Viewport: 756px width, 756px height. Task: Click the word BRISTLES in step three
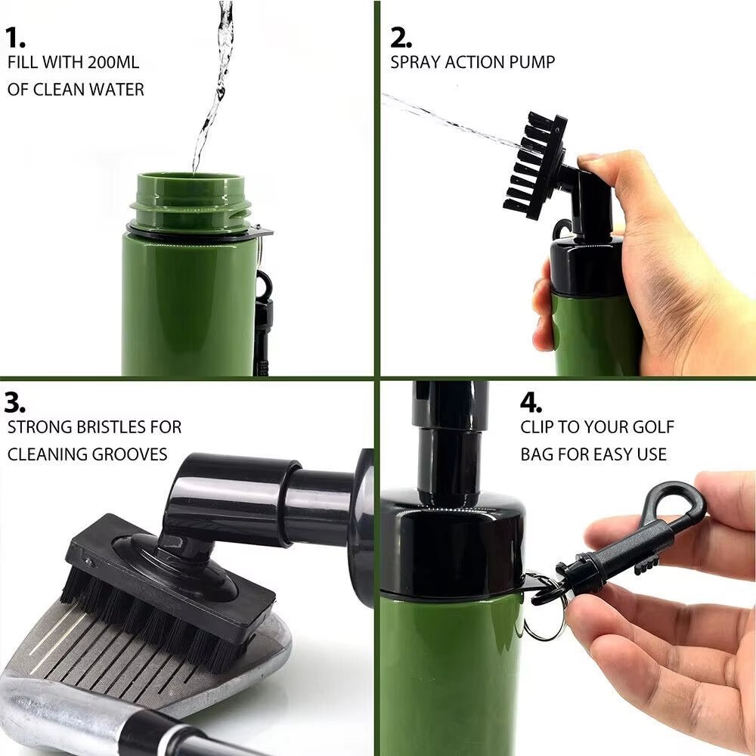pos(109,427)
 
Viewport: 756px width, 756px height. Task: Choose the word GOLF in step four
pos(652,427)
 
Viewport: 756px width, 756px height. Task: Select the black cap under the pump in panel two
pos(587,268)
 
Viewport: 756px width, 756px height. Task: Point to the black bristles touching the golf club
pos(151,620)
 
